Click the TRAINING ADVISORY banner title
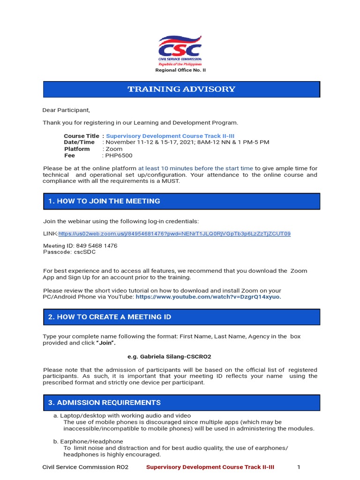(181, 89)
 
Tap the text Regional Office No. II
(180, 70)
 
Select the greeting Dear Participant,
(66, 110)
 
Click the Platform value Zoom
(115, 149)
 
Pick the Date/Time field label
(79, 142)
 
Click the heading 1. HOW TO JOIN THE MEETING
(104, 201)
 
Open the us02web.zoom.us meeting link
(174, 233)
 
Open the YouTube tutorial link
(209, 297)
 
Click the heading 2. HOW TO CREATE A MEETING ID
(110, 317)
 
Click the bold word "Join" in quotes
(105, 343)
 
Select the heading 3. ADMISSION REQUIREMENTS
(104, 403)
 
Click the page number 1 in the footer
(299, 467)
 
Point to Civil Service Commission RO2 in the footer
(85, 467)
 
